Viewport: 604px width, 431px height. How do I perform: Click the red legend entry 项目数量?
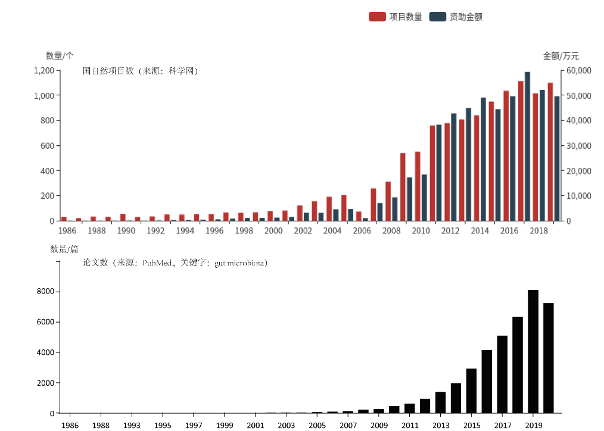click(396, 17)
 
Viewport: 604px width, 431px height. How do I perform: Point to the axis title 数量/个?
click(60, 56)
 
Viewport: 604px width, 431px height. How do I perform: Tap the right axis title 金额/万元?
click(561, 56)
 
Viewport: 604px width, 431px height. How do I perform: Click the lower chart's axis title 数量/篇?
click(64, 249)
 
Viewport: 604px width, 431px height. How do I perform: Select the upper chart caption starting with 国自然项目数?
click(140, 71)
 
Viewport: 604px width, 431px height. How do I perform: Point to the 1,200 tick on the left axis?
click(44, 70)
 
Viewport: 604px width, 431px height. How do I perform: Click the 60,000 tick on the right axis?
click(578, 70)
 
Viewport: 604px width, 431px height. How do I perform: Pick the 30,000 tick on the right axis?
click(578, 146)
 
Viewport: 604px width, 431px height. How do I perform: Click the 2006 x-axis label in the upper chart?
click(362, 231)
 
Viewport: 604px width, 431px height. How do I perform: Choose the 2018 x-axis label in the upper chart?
click(539, 231)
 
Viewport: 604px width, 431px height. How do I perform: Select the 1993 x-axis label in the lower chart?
click(132, 425)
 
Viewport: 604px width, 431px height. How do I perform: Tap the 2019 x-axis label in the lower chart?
click(533, 425)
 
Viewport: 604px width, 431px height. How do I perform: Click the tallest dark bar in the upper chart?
click(527, 146)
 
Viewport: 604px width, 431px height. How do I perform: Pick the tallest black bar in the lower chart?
click(533, 351)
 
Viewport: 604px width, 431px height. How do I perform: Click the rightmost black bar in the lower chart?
click(549, 358)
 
